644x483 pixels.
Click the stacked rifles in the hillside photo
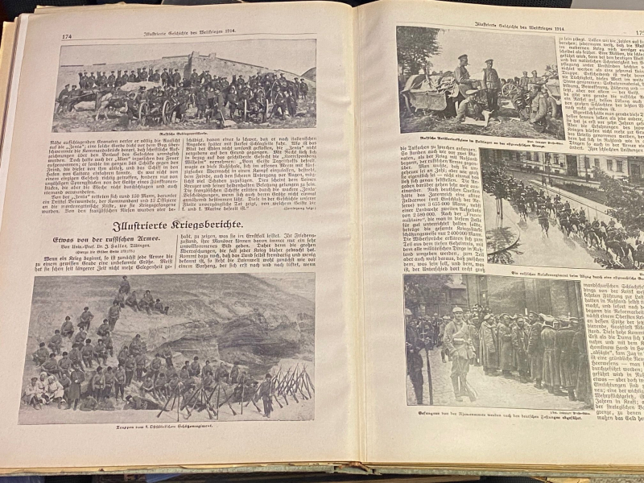(x=290, y=382)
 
